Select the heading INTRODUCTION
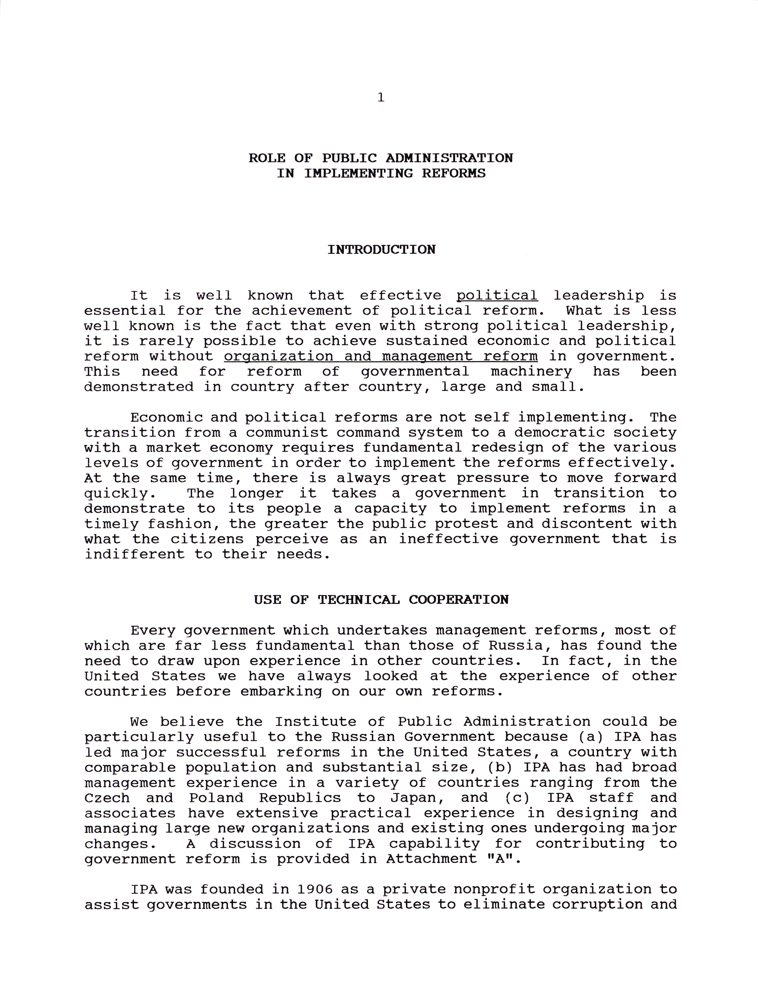click(381, 249)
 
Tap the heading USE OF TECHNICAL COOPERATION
click(381, 600)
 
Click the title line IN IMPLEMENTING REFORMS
click(381, 173)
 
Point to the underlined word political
click(497, 296)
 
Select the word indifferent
click(134, 554)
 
